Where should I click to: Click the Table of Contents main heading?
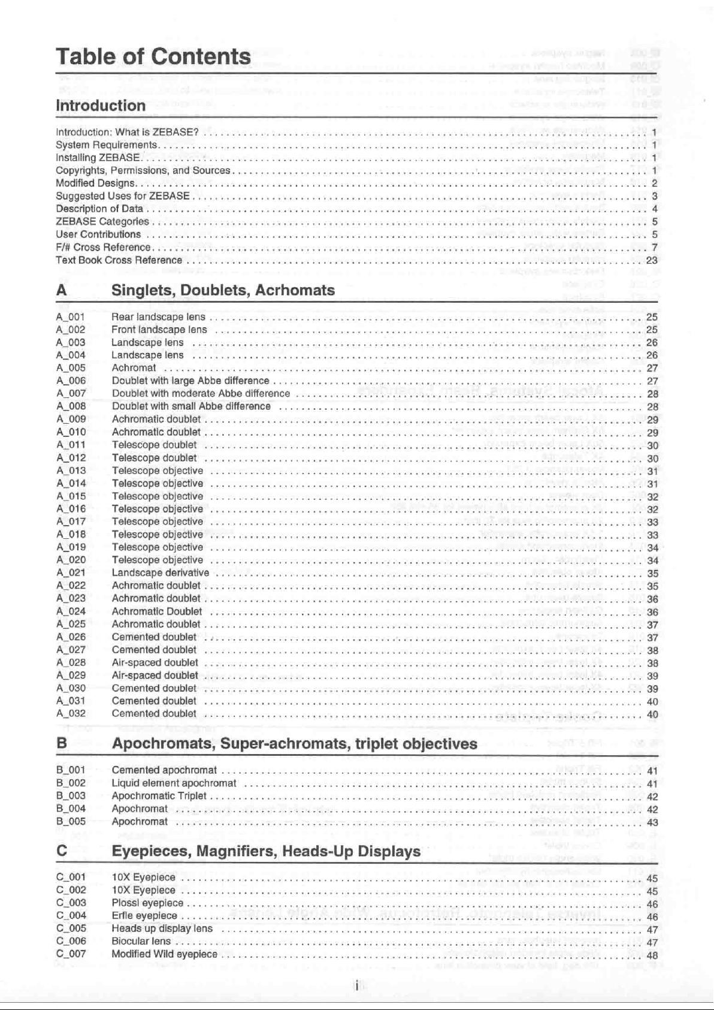pyautogui.click(x=153, y=56)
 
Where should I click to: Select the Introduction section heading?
pyautogui.click(x=101, y=105)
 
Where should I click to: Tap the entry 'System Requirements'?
pyautogui.click(x=106, y=144)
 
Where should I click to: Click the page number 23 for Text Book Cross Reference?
pyautogui.click(x=652, y=260)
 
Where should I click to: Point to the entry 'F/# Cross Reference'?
pyautogui.click(x=103, y=247)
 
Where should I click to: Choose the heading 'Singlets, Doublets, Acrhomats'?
pyautogui.click(x=223, y=290)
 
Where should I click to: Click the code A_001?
pyautogui.click(x=71, y=316)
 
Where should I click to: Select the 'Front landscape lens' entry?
pyautogui.click(x=159, y=329)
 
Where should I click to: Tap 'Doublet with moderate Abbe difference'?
pyautogui.click(x=201, y=393)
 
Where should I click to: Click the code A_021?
pyautogui.click(x=71, y=572)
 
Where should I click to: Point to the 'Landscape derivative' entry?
pyautogui.click(x=161, y=572)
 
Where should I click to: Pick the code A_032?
pyautogui.click(x=71, y=713)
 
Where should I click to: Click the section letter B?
pyautogui.click(x=61, y=743)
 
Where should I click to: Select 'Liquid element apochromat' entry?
pyautogui.click(x=174, y=783)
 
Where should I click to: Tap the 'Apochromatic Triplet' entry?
pyautogui.click(x=159, y=795)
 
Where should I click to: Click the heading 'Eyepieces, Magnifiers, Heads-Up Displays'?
pyautogui.click(x=266, y=851)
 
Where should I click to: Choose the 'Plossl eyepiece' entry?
pyautogui.click(x=147, y=903)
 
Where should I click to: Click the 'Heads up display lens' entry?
pyautogui.click(x=162, y=928)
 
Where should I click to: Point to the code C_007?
pyautogui.click(x=71, y=954)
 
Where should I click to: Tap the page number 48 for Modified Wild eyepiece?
pyautogui.click(x=652, y=955)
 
